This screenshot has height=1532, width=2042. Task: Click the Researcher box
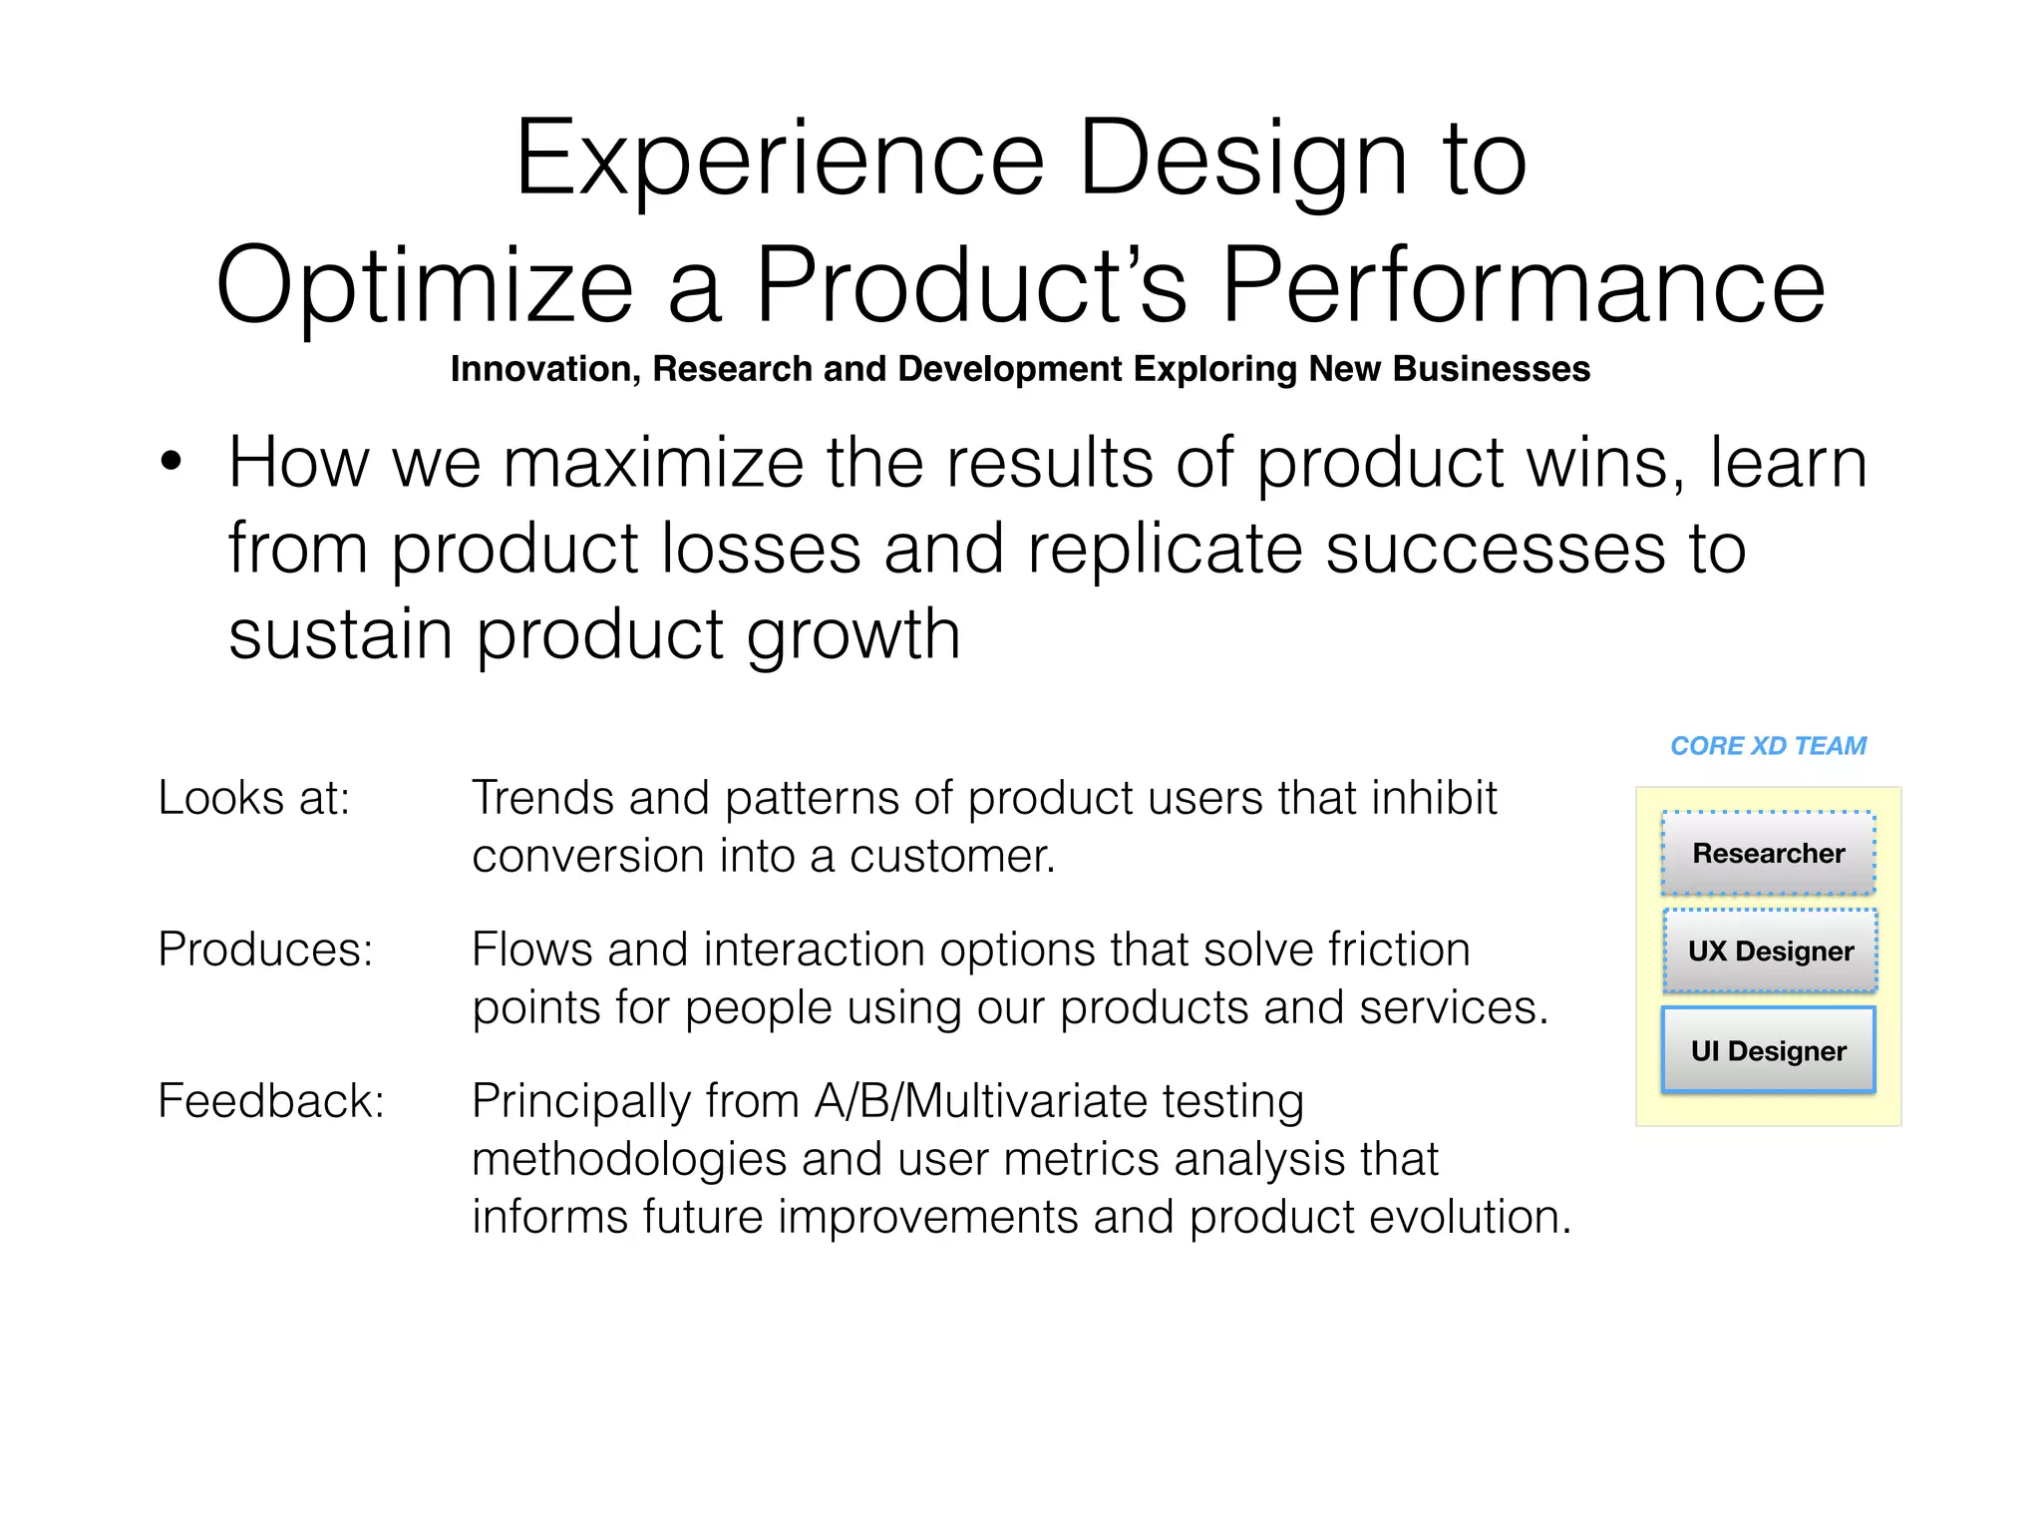coord(1768,854)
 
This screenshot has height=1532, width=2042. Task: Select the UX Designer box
coord(1770,951)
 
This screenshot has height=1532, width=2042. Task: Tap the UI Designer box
coord(1768,1050)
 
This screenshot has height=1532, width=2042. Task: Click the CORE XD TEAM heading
coord(1768,746)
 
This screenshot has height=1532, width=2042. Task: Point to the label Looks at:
coord(254,798)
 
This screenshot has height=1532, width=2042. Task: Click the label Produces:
coord(265,950)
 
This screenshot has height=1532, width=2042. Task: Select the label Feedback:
coord(271,1101)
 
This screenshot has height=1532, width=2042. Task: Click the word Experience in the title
coord(779,160)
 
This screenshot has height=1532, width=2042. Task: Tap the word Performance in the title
coord(1523,286)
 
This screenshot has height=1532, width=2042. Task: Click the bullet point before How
coord(171,463)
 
